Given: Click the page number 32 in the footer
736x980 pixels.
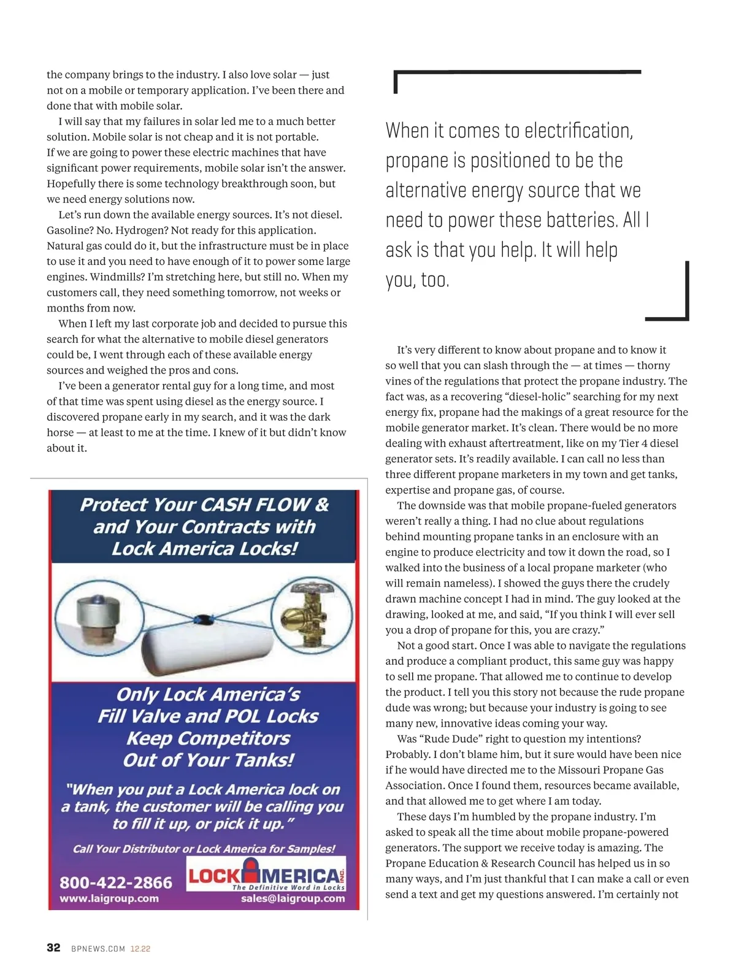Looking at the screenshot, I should pyautogui.click(x=53, y=947).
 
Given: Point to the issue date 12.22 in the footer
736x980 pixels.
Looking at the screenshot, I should pyautogui.click(x=140, y=949).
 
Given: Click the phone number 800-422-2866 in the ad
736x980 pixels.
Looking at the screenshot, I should pyautogui.click(x=116, y=882).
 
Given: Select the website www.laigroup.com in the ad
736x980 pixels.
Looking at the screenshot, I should pyautogui.click(x=109, y=898).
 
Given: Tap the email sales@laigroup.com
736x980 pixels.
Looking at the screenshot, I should pyautogui.click(x=293, y=898).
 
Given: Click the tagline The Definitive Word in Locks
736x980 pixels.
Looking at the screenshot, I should pyautogui.click(x=288, y=887).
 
